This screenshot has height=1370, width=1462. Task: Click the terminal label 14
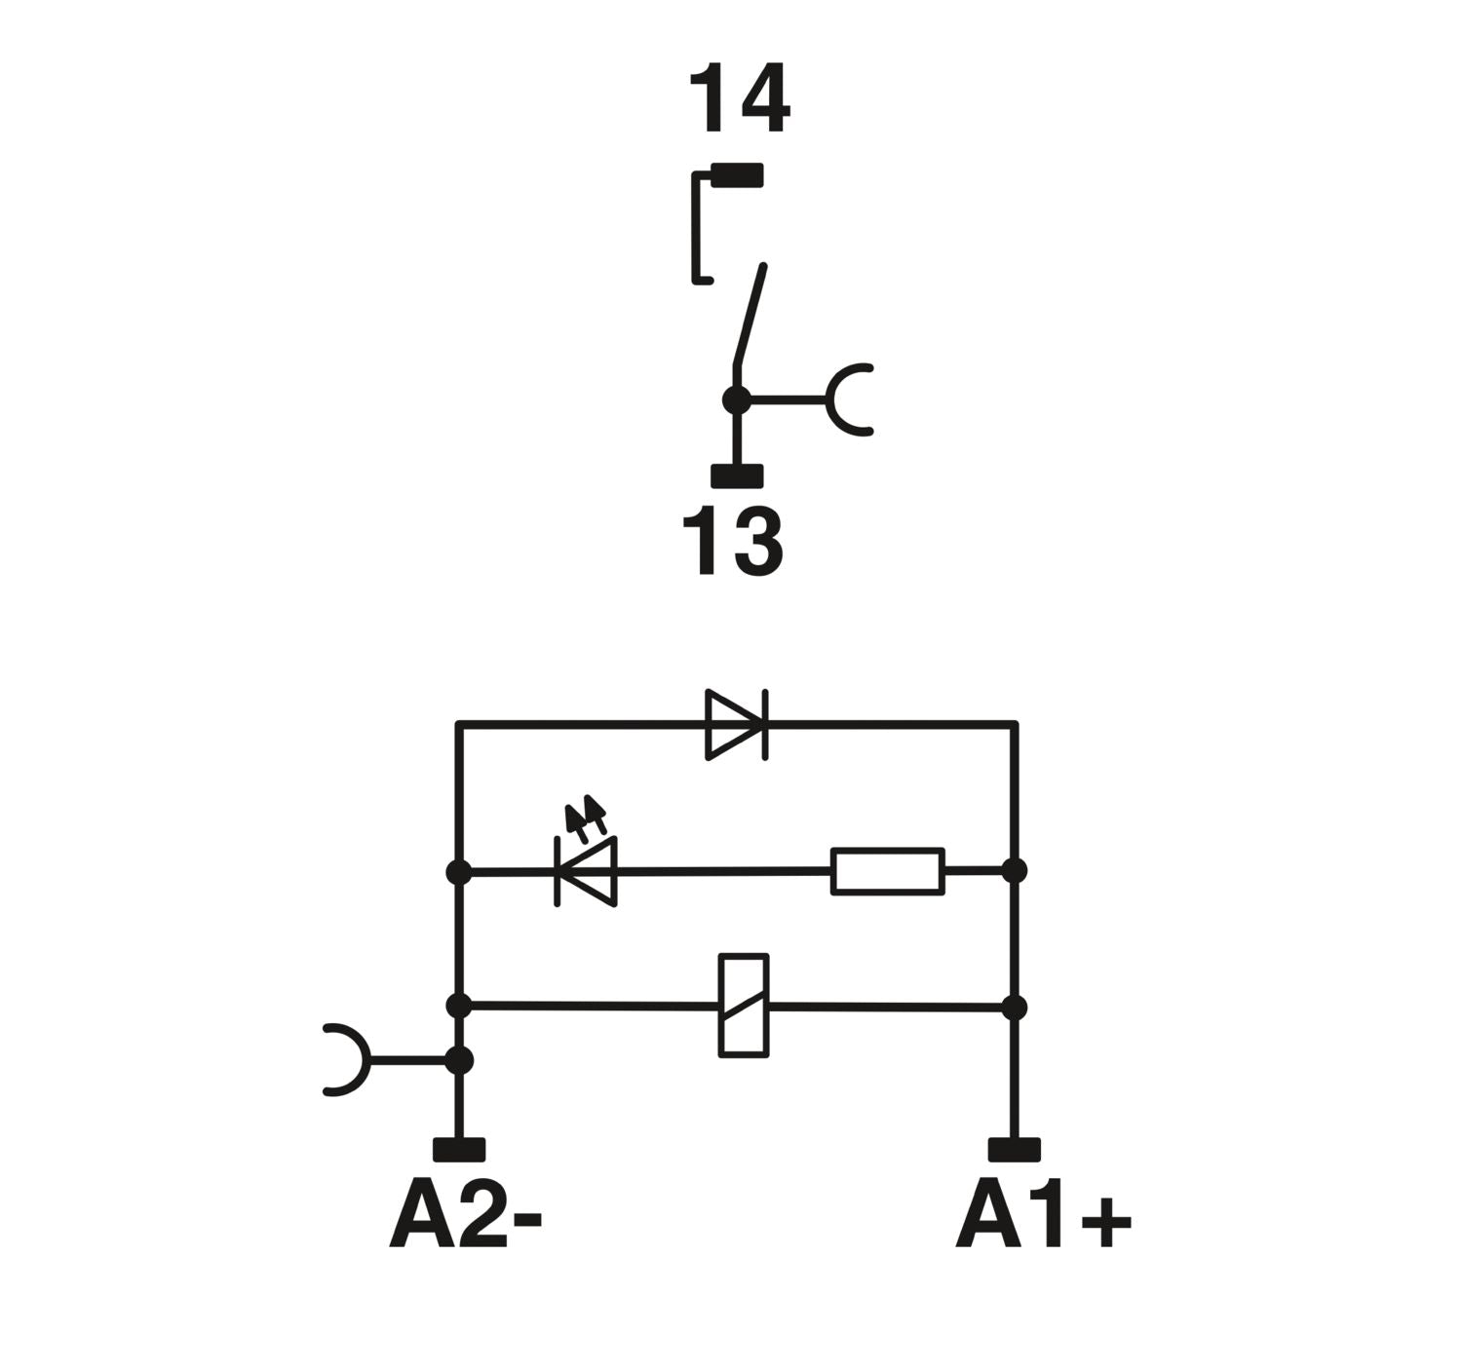click(739, 99)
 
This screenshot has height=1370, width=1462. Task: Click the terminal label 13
click(733, 542)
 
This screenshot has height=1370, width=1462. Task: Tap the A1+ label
click(1043, 1218)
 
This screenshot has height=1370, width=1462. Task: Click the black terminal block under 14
click(737, 175)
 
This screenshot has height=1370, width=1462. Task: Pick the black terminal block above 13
click(737, 476)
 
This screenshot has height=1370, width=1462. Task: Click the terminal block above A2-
click(458, 1150)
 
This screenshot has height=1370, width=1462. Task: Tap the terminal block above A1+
click(1014, 1150)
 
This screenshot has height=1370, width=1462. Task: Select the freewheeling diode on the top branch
click(736, 724)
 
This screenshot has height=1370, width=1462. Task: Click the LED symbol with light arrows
click(586, 869)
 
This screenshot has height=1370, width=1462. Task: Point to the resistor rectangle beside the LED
click(887, 871)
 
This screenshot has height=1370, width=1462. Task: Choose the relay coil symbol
click(744, 1006)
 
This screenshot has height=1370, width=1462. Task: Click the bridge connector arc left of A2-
click(347, 1059)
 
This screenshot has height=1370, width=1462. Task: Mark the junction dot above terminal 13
click(737, 400)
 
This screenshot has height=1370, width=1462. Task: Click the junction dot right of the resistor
click(1015, 870)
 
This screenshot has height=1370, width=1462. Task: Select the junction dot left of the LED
click(458, 872)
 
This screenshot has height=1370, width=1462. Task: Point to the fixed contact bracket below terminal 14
click(698, 228)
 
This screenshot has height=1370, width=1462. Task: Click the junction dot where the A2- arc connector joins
click(458, 1059)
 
